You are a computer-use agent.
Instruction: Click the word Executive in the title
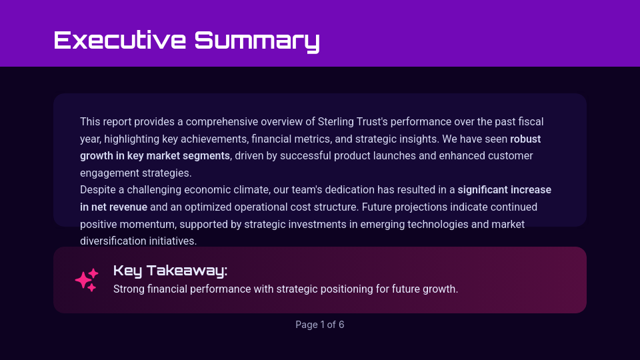pos(119,40)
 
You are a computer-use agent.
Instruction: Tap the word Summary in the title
pos(257,41)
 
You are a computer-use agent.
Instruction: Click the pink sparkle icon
pos(87,280)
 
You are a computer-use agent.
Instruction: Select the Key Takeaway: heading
pos(170,270)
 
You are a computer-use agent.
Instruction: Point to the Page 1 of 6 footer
pos(320,325)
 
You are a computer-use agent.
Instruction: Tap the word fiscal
pos(530,121)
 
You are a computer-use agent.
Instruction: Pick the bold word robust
pos(525,139)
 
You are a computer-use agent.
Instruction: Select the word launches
pos(395,156)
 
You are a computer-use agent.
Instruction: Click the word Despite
pos(97,190)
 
